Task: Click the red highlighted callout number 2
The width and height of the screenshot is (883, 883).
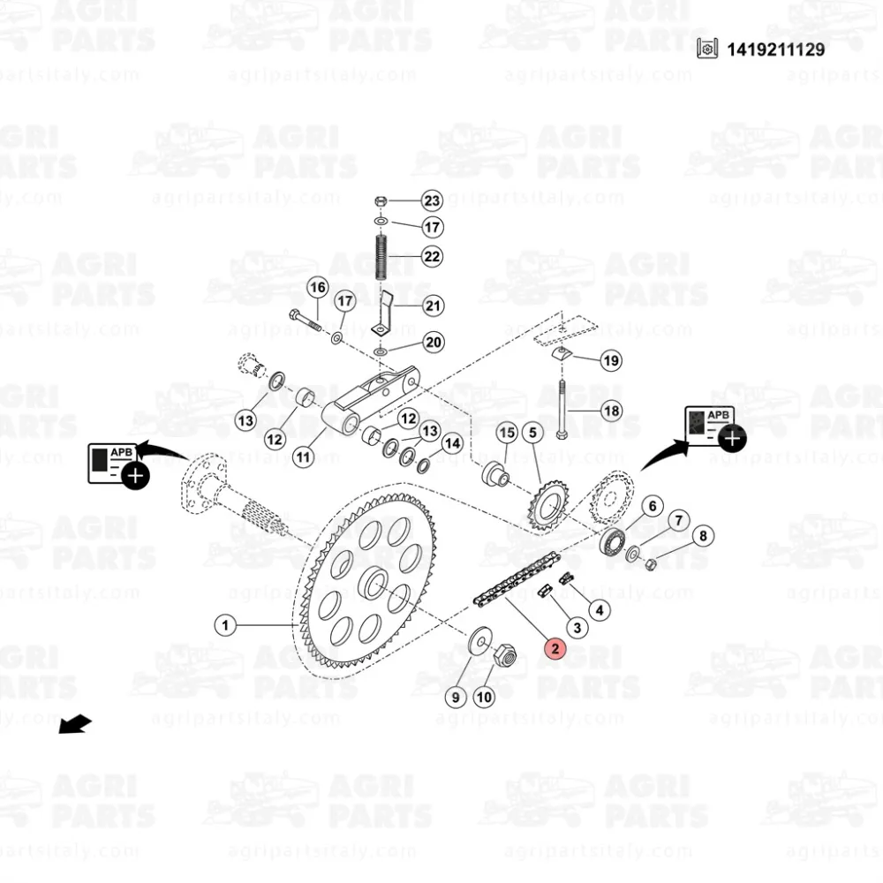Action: [555, 648]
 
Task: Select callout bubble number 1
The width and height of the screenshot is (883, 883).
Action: [225, 625]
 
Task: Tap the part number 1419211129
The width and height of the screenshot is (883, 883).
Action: [775, 49]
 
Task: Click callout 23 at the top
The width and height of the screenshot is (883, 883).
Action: [432, 200]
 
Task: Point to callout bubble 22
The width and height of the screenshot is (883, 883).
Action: [432, 256]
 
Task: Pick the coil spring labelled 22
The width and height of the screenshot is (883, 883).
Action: [381, 257]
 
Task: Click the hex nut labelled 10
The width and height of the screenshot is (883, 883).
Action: [504, 656]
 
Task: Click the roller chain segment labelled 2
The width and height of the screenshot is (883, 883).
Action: [517, 580]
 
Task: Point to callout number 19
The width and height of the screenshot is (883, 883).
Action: [611, 360]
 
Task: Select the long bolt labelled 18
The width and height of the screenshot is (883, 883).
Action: [562, 410]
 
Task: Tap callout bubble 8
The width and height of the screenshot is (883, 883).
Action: [703, 536]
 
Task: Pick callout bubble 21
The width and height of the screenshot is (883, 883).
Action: [432, 306]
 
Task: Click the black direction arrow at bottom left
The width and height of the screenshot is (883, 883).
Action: [75, 724]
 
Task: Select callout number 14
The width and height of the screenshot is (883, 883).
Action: [453, 444]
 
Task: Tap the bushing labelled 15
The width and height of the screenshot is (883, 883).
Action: [495, 474]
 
